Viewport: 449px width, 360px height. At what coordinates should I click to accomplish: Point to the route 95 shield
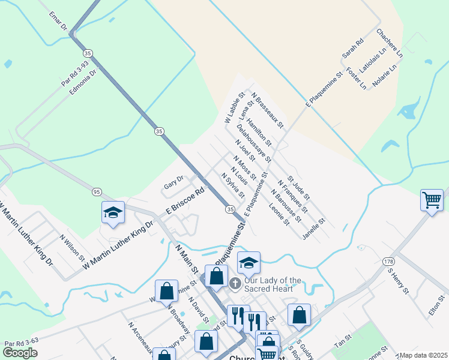[97, 191]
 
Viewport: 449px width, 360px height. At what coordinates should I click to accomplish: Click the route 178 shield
[388, 261]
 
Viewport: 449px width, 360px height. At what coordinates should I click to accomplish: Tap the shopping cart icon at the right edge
[432, 200]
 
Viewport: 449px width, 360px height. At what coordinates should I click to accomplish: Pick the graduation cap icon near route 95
[113, 213]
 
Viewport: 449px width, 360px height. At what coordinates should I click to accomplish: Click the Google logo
[20, 353]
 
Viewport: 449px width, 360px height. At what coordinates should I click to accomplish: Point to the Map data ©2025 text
[423, 355]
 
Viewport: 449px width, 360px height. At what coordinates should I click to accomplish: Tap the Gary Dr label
[173, 180]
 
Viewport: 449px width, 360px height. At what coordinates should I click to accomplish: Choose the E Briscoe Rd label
[186, 202]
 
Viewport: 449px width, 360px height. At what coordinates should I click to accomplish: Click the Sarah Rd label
[353, 49]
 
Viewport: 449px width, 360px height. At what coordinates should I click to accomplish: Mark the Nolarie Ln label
[387, 75]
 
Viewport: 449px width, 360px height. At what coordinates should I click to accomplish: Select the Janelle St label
[313, 229]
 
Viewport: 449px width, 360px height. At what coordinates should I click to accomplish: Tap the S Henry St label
[398, 281]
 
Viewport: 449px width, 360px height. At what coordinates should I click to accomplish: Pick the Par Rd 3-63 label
[21, 344]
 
